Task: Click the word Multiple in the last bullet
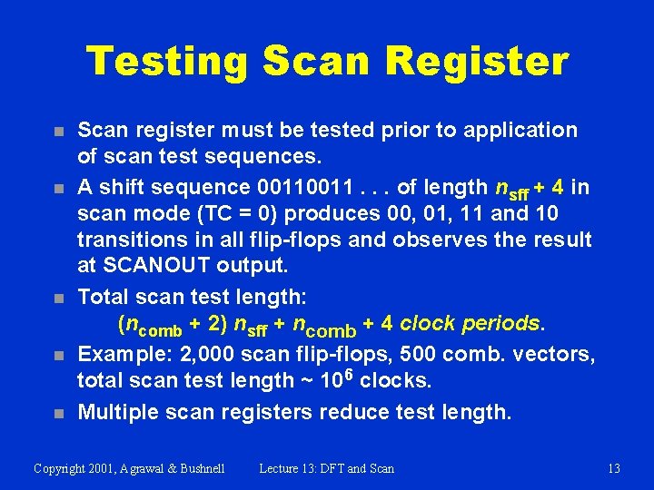coord(115,412)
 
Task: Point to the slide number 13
coord(614,468)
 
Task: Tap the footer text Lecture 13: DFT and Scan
coord(326,468)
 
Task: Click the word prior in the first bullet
coord(409,130)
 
